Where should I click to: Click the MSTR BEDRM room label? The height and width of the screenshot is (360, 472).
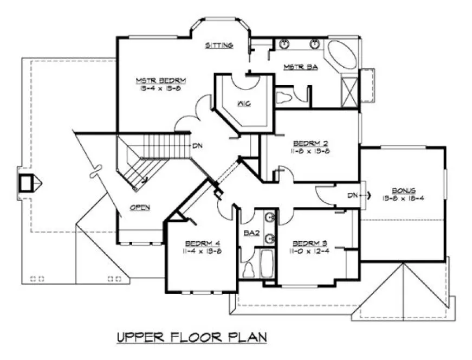pos(161,80)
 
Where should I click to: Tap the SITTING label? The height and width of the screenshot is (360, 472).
pos(219,45)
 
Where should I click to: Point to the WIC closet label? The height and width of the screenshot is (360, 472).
pos(242,102)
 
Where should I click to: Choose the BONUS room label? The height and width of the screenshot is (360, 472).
pos(404,191)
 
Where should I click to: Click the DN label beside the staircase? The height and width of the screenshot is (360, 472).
pos(197,146)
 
